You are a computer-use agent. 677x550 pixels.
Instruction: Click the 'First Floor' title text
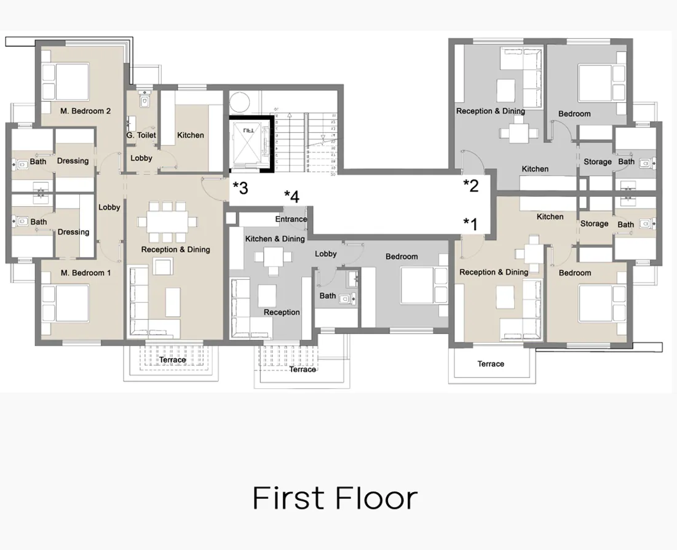pyautogui.click(x=335, y=498)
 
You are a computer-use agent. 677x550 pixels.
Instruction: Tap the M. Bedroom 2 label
pyautogui.click(x=85, y=111)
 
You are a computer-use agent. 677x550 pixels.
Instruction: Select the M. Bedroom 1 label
pyautogui.click(x=85, y=273)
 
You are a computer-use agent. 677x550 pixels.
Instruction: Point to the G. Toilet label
pyautogui.click(x=141, y=135)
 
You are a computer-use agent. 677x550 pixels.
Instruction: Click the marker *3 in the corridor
pyautogui.click(x=240, y=188)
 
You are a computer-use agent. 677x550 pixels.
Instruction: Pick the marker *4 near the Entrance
pyautogui.click(x=291, y=197)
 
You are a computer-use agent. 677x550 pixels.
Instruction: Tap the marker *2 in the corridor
pyautogui.click(x=470, y=186)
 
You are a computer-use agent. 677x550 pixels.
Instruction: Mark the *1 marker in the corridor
pyautogui.click(x=470, y=223)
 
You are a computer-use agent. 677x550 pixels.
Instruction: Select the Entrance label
pyautogui.click(x=291, y=220)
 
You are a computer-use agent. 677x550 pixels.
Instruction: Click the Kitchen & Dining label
pyautogui.click(x=275, y=239)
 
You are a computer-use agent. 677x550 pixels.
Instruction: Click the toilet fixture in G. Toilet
pyautogui.click(x=145, y=100)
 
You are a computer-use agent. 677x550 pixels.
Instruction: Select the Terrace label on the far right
pyautogui.click(x=491, y=364)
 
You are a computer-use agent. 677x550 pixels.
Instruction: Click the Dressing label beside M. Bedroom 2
pyautogui.click(x=73, y=161)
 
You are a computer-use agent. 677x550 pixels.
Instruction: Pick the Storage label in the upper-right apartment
pyautogui.click(x=597, y=162)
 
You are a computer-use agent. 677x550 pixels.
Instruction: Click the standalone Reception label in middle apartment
pyautogui.click(x=282, y=313)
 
